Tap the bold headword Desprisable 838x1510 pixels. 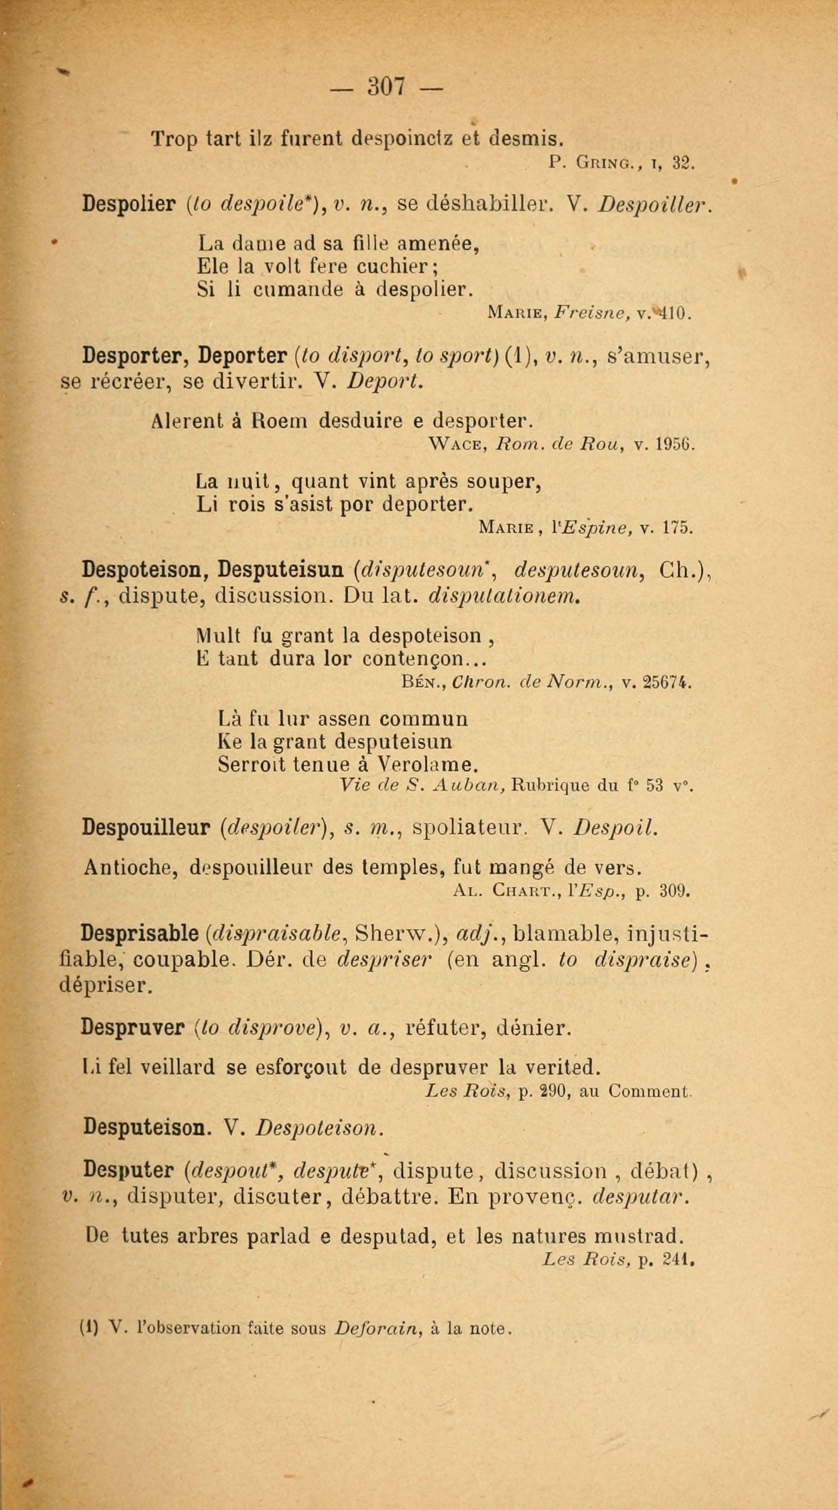click(140, 933)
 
